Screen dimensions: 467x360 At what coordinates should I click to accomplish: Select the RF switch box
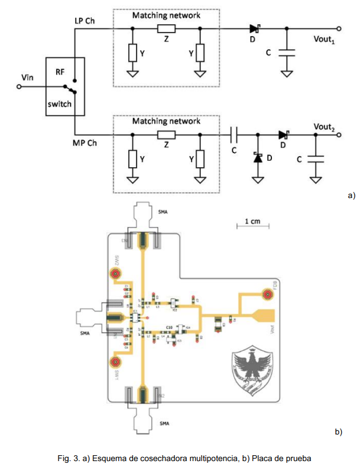click(x=65, y=87)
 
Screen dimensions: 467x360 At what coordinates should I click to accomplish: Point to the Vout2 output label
click(x=325, y=127)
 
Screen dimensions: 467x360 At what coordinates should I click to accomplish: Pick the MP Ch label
click(x=85, y=144)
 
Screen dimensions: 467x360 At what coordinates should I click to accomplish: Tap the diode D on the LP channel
click(x=255, y=28)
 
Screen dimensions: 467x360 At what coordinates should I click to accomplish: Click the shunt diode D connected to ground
click(x=258, y=158)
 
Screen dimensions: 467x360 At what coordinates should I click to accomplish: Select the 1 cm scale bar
click(x=252, y=224)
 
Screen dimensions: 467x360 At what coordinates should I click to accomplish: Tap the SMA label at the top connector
click(x=163, y=211)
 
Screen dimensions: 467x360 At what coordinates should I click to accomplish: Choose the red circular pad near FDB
click(x=267, y=294)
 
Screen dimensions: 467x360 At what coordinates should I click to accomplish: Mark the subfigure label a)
click(x=351, y=194)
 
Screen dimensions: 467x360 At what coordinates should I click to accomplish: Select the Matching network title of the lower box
click(x=166, y=121)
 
